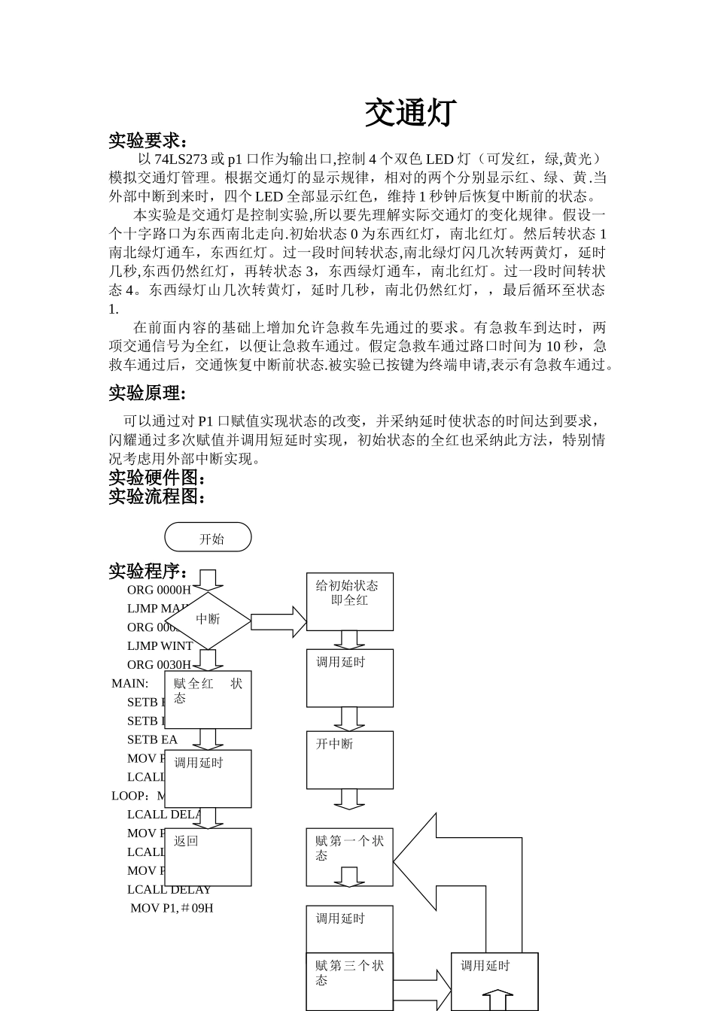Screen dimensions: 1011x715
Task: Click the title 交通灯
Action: (410, 113)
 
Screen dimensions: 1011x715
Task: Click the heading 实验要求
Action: (148, 141)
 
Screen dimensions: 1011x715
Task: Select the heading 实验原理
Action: (147, 393)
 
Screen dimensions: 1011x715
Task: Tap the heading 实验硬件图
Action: (157, 478)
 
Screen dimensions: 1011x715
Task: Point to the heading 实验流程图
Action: (157, 496)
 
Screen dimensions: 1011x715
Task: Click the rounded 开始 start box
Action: (208, 538)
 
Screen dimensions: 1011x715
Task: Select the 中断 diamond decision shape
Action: (207, 619)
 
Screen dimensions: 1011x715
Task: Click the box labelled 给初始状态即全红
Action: (349, 601)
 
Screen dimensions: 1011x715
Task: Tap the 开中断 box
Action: (349, 760)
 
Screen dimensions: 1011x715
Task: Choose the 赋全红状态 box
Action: (208, 700)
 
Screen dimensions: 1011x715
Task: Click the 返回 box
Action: (208, 857)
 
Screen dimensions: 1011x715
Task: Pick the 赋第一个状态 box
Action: (349, 856)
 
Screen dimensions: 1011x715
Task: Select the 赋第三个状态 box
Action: (349, 982)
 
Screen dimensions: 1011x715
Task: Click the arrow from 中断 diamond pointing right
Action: (278, 622)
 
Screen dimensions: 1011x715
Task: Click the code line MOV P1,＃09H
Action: (172, 908)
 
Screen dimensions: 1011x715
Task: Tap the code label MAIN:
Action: (130, 684)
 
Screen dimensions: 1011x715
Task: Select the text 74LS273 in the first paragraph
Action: (180, 159)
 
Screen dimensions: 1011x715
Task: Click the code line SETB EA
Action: (152, 739)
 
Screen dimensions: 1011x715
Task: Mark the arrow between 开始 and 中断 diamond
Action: (208, 579)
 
